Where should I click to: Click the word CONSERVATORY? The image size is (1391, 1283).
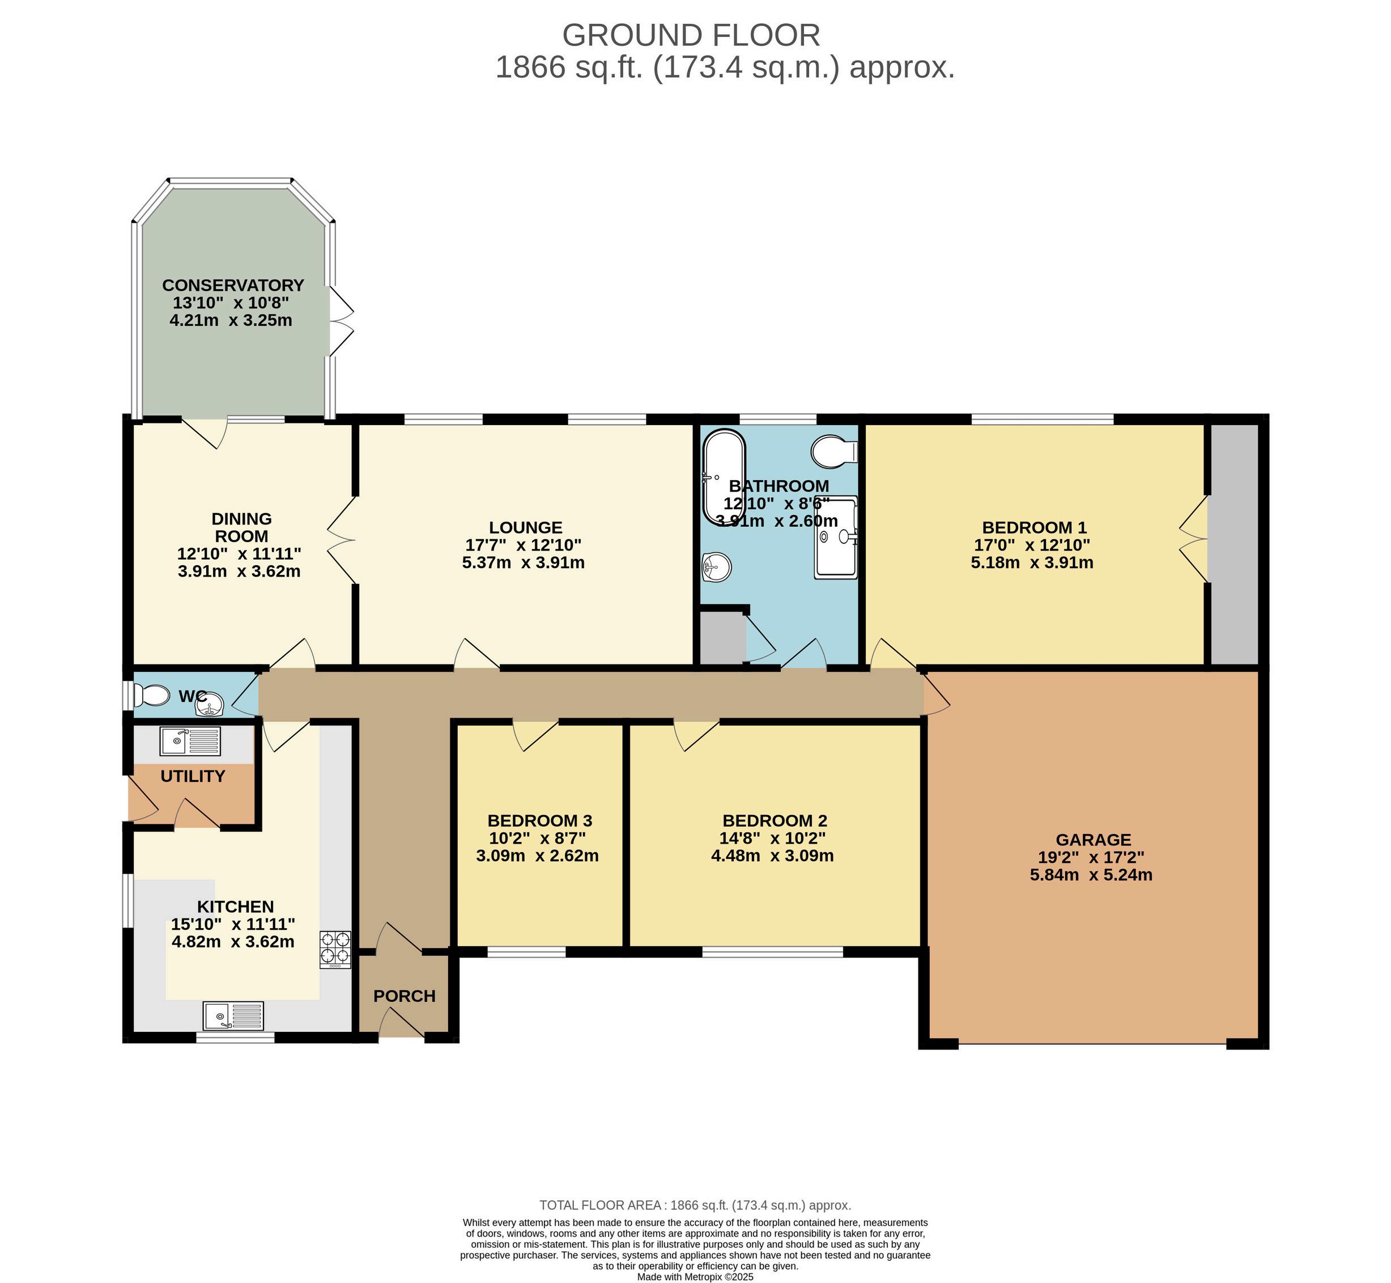[x=233, y=285]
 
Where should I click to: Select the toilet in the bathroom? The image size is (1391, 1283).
[x=834, y=451]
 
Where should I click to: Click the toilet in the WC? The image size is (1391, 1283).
[x=151, y=695]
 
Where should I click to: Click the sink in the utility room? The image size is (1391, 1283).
[x=190, y=741]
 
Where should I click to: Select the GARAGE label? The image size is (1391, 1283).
[x=1094, y=840]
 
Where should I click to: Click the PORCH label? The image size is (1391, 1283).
[x=405, y=996]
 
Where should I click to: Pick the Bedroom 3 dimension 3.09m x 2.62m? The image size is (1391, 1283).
[x=537, y=856]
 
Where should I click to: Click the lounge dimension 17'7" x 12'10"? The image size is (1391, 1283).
[x=523, y=545]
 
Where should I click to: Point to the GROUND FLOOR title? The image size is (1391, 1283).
[x=691, y=35]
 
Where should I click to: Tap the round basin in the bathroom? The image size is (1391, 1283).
[x=717, y=566]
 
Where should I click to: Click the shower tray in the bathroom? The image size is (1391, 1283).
[x=836, y=537]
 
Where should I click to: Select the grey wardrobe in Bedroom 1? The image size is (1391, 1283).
[x=1235, y=544]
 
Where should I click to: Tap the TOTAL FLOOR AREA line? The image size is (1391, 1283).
[x=695, y=1205]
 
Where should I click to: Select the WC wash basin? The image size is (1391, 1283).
[x=209, y=706]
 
